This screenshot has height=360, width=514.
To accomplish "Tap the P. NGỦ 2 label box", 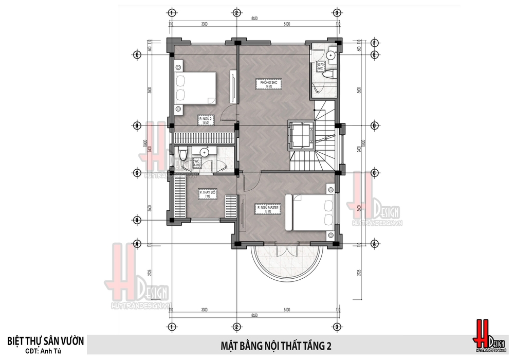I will coord(205,120).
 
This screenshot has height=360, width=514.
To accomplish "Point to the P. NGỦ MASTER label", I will coord(265,209).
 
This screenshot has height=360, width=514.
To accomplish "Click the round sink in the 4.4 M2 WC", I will coord(205,152).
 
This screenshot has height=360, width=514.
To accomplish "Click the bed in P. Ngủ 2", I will coord(195,86).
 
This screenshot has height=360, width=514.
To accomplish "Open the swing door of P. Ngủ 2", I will coord(230,113).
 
